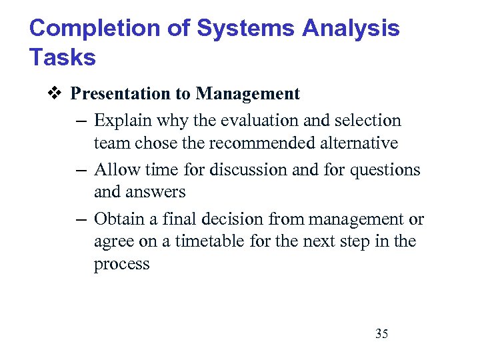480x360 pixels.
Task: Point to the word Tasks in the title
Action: (63, 58)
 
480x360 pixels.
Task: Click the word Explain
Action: (119, 121)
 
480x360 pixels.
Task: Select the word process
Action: (122, 264)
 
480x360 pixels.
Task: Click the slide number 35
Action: (381, 334)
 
